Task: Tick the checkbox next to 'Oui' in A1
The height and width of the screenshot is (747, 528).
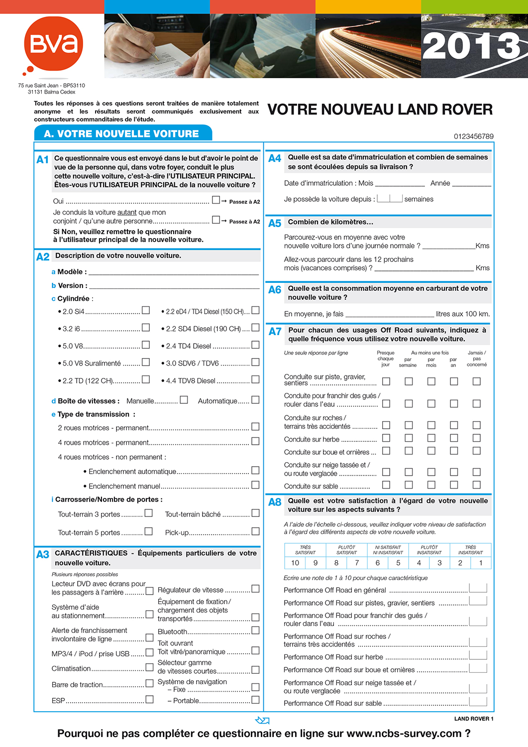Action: [216, 200]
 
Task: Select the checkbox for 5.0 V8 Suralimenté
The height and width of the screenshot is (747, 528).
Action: [146, 362]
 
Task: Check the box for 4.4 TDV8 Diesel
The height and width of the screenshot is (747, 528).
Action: [255, 379]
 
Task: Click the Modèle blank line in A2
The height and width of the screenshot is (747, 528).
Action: [173, 272]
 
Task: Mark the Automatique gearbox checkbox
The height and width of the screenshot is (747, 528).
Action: [255, 400]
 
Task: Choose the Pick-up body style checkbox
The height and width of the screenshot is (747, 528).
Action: [255, 531]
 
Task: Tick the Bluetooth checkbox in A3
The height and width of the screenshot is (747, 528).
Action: [255, 630]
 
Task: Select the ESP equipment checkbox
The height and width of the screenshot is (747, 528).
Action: [149, 700]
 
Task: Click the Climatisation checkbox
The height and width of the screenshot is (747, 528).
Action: [149, 667]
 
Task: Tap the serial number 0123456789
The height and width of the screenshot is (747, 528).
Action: [473, 136]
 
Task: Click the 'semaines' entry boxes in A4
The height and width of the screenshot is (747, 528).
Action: [390, 198]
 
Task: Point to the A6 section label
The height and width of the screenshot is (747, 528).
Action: [275, 290]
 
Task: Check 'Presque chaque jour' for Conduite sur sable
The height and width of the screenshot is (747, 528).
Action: [386, 485]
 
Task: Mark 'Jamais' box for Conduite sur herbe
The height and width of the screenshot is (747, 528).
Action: [476, 438]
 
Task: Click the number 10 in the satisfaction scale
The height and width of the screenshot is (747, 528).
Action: [295, 563]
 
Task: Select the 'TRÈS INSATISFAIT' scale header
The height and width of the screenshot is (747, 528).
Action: [470, 550]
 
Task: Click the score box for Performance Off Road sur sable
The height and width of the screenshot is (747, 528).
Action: [478, 702]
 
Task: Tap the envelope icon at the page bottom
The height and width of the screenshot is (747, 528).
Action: [262, 720]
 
